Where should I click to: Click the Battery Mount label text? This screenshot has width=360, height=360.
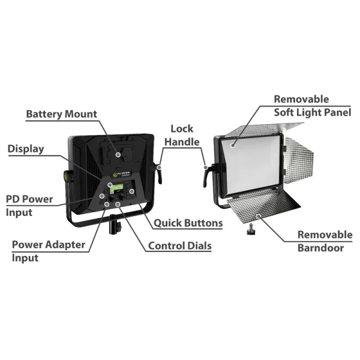click(x=61, y=114)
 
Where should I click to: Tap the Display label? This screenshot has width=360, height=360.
click(x=26, y=149)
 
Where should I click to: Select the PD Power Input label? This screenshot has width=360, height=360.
click(x=29, y=205)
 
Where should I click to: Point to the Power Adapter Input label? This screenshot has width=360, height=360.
click(x=48, y=251)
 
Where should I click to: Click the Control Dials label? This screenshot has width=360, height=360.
click(x=180, y=246)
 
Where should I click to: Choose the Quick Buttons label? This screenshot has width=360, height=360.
click(x=188, y=223)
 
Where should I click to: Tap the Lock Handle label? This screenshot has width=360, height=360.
click(x=181, y=135)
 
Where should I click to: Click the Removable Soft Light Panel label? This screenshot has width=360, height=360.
click(x=312, y=106)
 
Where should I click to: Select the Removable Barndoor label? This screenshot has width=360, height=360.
click(x=324, y=241)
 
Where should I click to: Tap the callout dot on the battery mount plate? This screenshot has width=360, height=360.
click(x=118, y=154)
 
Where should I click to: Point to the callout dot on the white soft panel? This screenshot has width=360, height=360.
click(x=233, y=145)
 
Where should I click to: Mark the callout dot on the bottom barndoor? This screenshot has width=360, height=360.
click(x=259, y=216)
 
